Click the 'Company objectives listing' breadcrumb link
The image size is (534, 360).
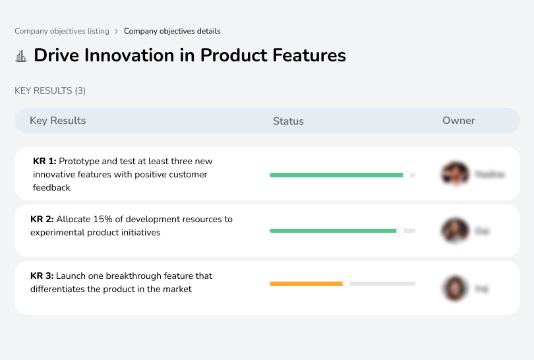[61, 31]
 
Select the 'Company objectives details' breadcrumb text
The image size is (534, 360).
[172, 31]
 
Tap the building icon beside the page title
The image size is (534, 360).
[21, 56]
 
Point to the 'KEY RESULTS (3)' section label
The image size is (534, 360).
[50, 90]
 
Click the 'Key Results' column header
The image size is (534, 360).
[58, 121]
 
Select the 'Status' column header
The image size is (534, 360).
[288, 121]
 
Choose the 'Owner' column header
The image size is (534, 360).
[459, 121]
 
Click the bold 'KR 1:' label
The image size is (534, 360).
[45, 161]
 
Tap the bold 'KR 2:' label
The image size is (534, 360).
[42, 219]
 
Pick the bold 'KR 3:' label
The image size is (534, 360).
[42, 276]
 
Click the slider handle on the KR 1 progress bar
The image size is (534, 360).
[407, 175]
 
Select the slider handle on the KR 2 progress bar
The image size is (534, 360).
[400, 231]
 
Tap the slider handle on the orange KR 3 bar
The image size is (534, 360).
[346, 284]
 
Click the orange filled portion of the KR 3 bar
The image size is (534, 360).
[307, 284]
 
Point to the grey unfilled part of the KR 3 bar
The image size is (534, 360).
[382, 284]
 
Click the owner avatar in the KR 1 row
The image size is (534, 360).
[455, 174]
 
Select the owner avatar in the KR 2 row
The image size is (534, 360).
[455, 231]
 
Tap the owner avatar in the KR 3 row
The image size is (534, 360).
[455, 288]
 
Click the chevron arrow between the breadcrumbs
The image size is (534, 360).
[117, 31]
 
